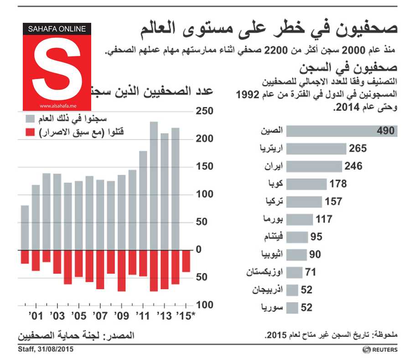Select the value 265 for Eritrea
coord(358,149)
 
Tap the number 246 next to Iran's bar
coord(353,166)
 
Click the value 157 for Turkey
coord(332,201)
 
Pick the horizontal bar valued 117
coord(301,219)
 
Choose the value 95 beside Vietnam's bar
coord(316,237)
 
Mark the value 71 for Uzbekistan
coord(311,272)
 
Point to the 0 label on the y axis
coord(198,250)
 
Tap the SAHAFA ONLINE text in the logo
coord(57,29)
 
